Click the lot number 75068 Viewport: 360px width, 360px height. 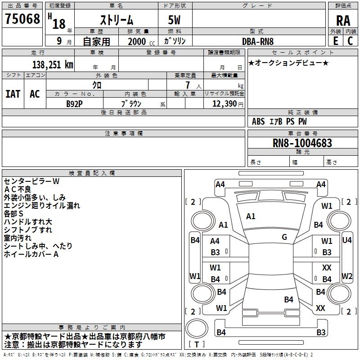[x=22, y=19]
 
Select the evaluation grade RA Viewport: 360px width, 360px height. [x=343, y=21]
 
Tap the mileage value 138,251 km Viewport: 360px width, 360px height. [x=53, y=65]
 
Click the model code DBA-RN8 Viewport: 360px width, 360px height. [x=258, y=41]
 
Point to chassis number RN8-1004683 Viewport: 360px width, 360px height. [x=302, y=143]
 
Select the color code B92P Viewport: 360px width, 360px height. [x=74, y=104]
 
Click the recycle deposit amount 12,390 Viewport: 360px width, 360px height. [x=225, y=104]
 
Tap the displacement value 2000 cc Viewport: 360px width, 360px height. [x=141, y=41]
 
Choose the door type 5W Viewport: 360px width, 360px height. [x=174, y=20]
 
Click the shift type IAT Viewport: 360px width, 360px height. [x=13, y=94]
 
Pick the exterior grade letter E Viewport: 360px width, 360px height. [x=336, y=41]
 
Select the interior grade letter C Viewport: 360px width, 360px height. [x=350, y=41]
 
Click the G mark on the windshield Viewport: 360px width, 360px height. [x=284, y=237]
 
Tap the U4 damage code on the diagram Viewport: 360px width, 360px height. [x=347, y=240]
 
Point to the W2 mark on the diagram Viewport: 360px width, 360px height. [x=347, y=276]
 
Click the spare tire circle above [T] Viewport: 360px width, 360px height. [x=197, y=328]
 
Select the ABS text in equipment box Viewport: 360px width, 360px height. [x=258, y=121]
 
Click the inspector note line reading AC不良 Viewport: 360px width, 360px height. [x=18, y=189]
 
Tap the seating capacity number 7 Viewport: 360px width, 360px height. [x=188, y=85]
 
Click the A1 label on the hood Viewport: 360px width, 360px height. [x=251, y=216]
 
